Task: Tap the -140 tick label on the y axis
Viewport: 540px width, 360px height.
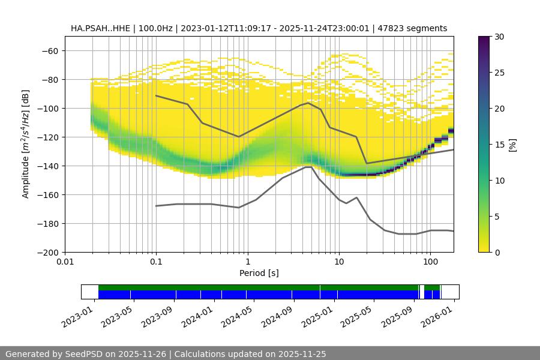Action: (48, 166)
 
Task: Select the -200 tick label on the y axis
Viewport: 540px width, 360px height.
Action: (48, 252)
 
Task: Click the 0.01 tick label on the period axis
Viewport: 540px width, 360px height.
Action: (65, 262)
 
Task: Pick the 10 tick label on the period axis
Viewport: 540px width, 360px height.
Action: (338, 262)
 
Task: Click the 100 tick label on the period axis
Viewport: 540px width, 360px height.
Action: (430, 262)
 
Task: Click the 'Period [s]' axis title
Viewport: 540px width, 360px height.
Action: (259, 273)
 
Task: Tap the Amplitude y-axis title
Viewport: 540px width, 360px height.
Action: (26, 144)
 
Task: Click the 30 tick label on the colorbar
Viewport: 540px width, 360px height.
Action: (499, 37)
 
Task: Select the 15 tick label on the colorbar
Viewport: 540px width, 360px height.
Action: (499, 145)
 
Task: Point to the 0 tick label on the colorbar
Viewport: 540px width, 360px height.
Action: (496, 252)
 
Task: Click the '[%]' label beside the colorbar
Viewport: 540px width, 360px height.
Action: (512, 145)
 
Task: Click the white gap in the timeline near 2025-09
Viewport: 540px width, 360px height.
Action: (421, 292)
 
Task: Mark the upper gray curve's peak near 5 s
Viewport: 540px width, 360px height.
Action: (308, 103)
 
